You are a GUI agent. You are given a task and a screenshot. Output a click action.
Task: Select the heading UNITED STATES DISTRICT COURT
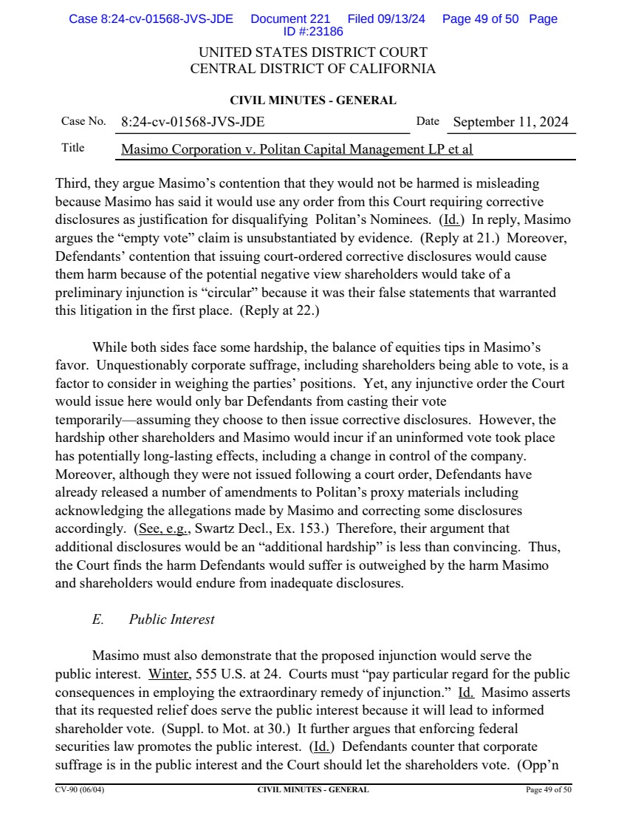coord(312,52)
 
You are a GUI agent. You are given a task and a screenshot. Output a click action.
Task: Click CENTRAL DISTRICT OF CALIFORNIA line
coord(312,69)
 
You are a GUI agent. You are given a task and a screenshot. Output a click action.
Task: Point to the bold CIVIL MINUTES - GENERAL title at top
coord(312,101)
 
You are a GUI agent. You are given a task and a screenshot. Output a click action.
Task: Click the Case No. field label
coord(83,121)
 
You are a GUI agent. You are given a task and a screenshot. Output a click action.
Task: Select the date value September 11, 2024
coord(510,122)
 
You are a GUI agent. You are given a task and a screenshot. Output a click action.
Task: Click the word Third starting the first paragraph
coord(72,183)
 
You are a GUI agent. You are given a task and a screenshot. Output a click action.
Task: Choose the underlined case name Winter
coord(168,674)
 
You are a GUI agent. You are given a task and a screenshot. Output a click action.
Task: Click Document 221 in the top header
coord(290,19)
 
